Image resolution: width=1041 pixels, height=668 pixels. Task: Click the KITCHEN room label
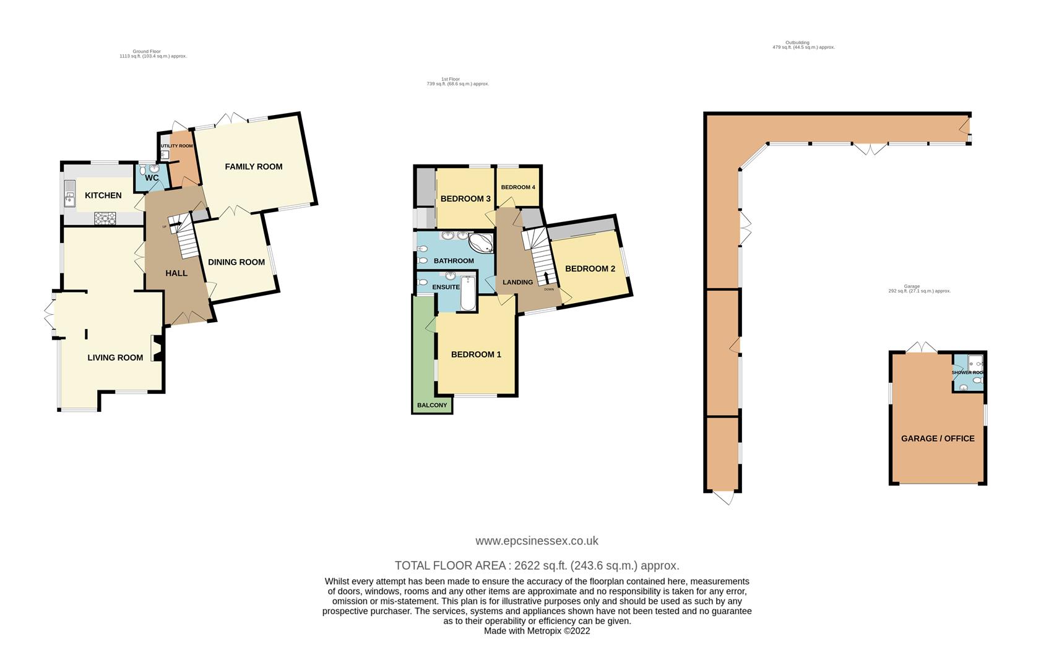point(103,195)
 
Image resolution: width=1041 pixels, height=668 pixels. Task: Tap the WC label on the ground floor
point(152,178)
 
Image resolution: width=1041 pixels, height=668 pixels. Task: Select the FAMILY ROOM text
point(253,166)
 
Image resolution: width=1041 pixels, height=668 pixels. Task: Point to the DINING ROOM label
point(236,262)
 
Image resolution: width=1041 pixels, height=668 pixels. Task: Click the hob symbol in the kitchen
point(105,217)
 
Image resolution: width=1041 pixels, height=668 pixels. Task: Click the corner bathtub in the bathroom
point(481,242)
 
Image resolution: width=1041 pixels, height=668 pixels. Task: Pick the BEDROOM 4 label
point(517,187)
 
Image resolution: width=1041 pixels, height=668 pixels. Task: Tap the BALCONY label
point(432,406)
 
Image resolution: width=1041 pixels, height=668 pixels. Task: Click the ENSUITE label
point(446,287)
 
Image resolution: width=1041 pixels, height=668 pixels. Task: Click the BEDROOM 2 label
point(590,269)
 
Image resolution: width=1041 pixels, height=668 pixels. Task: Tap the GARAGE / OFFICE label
point(937,439)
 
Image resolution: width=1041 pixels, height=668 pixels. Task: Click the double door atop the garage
point(922,348)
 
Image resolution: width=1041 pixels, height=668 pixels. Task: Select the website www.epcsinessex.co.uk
point(537,541)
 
